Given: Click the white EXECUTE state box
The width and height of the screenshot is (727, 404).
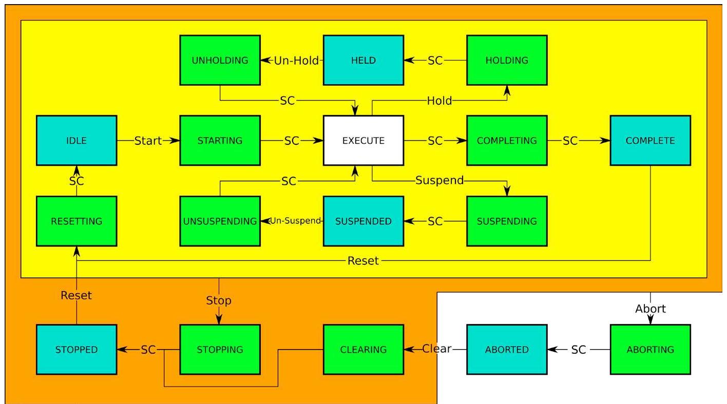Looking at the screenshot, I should click(x=363, y=141).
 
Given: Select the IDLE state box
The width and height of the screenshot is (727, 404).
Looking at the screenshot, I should click(x=76, y=141).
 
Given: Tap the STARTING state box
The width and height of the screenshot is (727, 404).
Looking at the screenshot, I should click(x=220, y=141).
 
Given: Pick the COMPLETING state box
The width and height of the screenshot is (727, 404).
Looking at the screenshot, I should click(x=506, y=141).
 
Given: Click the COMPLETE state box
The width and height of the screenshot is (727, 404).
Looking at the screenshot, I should click(x=650, y=141).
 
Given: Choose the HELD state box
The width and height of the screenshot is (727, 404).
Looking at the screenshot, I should click(x=363, y=60).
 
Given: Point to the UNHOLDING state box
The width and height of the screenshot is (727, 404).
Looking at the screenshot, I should click(x=220, y=60).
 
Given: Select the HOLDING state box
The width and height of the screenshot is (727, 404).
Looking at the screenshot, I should click(x=506, y=60).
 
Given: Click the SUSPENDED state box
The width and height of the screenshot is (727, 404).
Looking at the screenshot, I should click(x=363, y=221).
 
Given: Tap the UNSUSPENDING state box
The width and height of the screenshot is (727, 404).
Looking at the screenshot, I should click(x=220, y=221).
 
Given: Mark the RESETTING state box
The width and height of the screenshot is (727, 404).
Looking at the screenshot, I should click(x=76, y=221).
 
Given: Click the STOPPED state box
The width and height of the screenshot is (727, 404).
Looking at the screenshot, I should click(x=76, y=350).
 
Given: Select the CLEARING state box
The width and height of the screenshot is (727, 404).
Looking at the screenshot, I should click(x=363, y=350).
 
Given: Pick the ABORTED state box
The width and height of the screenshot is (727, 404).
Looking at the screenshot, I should click(x=506, y=350).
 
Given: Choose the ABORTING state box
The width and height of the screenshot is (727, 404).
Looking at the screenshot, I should click(x=650, y=350).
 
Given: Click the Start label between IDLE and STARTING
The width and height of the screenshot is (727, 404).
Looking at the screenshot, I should click(x=148, y=141).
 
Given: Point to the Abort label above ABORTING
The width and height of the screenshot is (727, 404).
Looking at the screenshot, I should click(x=650, y=309).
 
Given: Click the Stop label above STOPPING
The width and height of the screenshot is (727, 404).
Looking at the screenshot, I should click(x=219, y=300).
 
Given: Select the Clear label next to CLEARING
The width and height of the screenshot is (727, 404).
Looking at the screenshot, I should click(x=436, y=349).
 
